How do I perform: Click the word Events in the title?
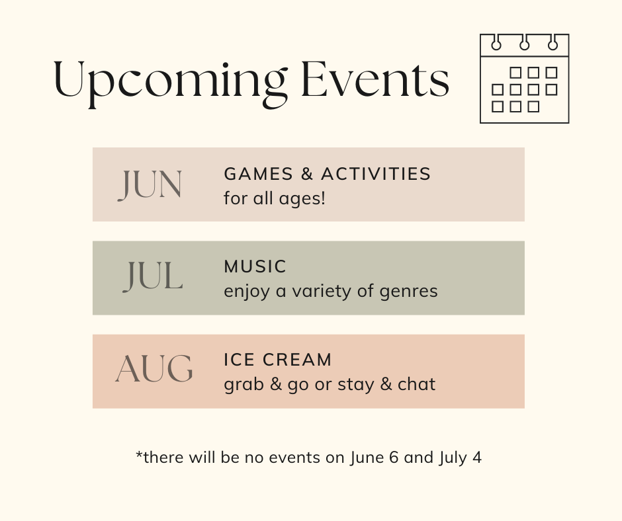tap(375, 79)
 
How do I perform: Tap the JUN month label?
tap(150, 184)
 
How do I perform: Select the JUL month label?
tap(153, 277)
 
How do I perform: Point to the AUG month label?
tap(154, 369)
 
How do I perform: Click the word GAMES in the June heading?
tap(258, 174)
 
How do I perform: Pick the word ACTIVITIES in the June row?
tap(376, 174)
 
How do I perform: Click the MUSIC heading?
tap(255, 266)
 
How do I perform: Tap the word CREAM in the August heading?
tap(296, 360)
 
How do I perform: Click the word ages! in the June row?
tap(302, 199)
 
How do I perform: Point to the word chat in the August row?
tap(416, 384)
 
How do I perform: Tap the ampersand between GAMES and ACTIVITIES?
tap(307, 174)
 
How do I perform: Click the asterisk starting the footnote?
tap(139, 454)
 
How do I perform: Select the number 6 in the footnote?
tap(394, 457)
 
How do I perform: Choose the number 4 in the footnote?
tap(477, 457)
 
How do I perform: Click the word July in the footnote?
tap(453, 458)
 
